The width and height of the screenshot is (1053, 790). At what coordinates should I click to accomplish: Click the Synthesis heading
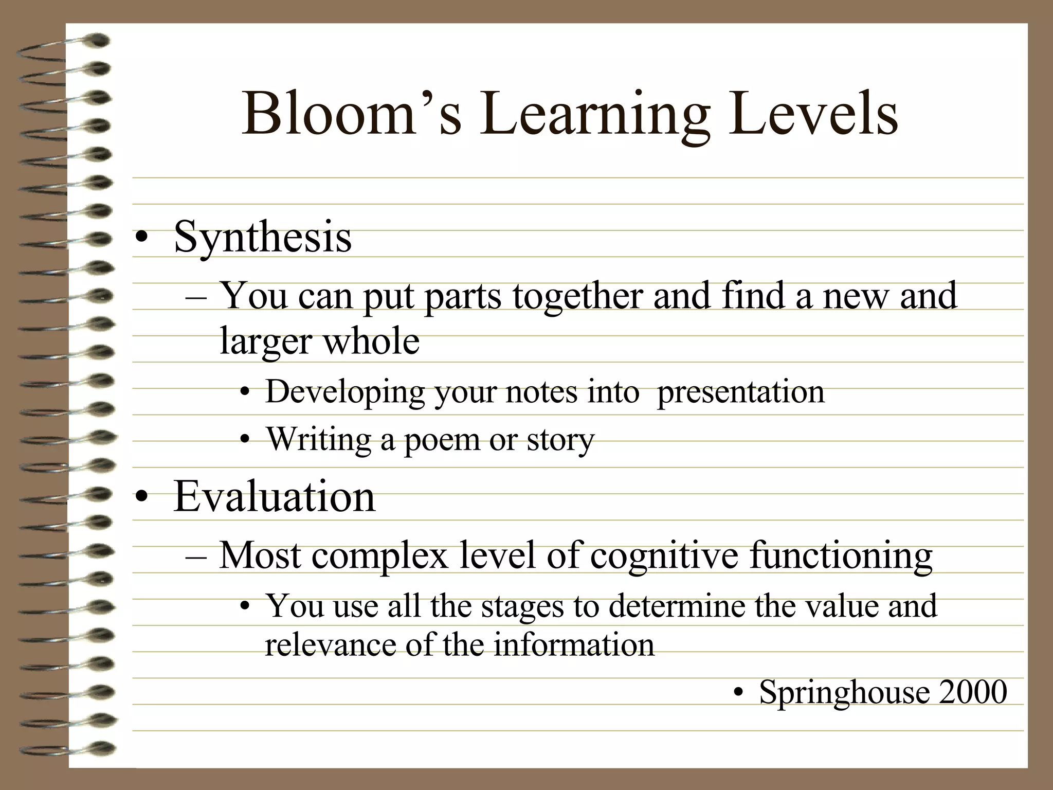[263, 238]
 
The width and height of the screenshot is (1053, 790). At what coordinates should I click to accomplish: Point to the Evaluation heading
[275, 497]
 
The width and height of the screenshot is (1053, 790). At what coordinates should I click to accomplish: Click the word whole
[371, 341]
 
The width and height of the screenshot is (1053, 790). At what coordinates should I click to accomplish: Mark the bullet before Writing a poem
[245, 440]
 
